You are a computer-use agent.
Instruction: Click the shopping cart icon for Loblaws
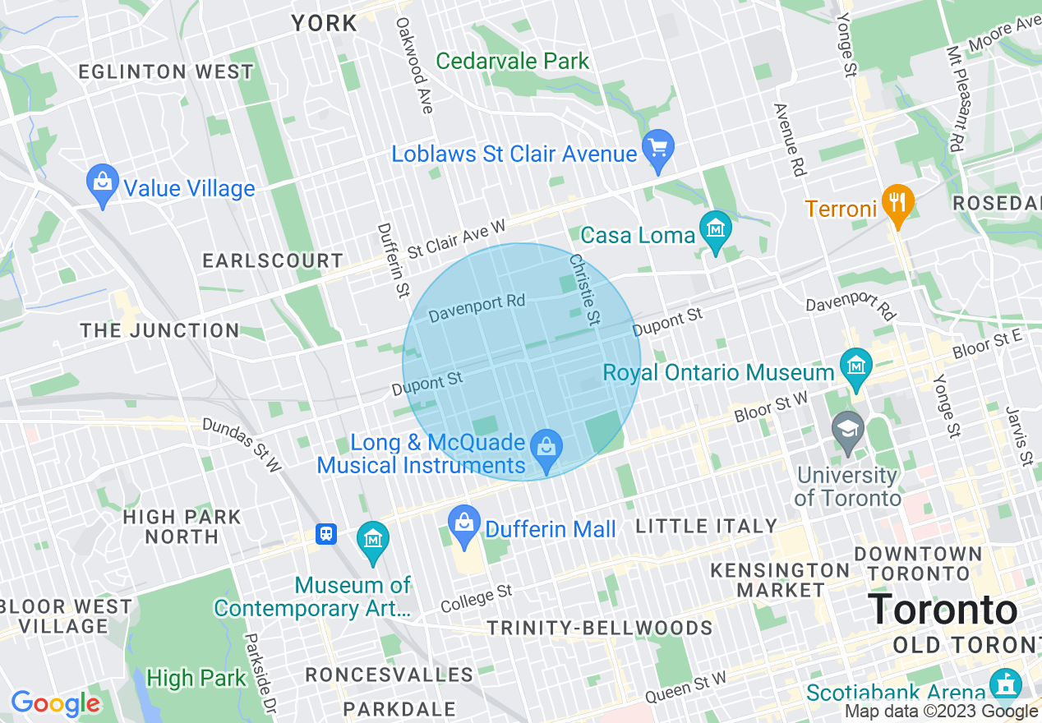click(657, 150)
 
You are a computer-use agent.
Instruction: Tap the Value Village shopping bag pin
click(103, 185)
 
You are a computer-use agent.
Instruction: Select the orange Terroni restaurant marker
click(897, 204)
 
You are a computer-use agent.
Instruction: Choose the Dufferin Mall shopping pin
click(464, 525)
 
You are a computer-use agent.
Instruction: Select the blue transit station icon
click(326, 535)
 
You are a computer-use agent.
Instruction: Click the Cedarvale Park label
click(513, 61)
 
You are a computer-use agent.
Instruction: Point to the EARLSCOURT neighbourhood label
click(273, 261)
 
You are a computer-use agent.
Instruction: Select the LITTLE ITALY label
click(706, 526)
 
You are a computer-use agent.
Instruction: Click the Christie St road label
click(585, 290)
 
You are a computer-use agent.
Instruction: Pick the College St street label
click(476, 598)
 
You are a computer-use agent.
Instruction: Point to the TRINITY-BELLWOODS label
click(599, 629)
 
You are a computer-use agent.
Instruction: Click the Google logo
click(54, 703)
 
